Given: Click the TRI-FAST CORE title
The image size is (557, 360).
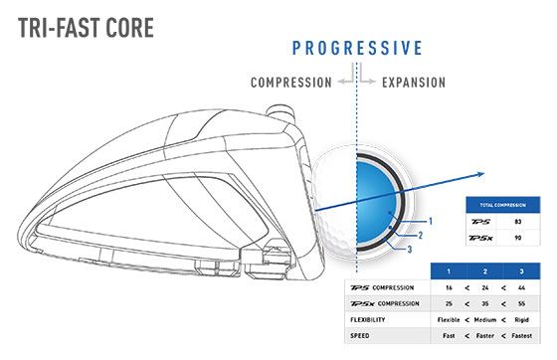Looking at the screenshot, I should [x=86, y=26].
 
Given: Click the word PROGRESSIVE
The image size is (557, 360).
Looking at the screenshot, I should [x=356, y=48].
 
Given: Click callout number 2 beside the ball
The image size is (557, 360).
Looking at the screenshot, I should [x=421, y=235].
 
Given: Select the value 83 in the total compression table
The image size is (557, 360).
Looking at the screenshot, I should [x=516, y=220].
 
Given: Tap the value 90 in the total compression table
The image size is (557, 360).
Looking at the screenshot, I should [x=516, y=237].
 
